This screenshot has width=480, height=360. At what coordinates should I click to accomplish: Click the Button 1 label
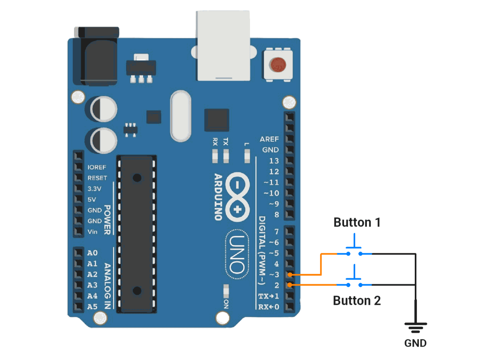click(357, 222)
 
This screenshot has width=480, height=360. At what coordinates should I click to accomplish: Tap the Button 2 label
click(357, 300)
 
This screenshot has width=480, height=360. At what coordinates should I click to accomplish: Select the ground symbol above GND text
click(416, 328)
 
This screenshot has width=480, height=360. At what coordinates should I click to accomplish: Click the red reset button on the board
click(278, 65)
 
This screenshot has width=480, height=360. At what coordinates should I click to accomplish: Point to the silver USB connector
click(223, 46)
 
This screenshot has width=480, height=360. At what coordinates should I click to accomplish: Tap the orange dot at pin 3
click(290, 275)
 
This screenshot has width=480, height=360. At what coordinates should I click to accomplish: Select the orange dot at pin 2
click(290, 285)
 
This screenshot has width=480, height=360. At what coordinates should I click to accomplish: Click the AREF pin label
click(269, 139)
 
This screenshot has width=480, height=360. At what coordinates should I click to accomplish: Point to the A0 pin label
click(92, 253)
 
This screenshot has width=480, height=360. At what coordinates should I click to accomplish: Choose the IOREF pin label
click(97, 167)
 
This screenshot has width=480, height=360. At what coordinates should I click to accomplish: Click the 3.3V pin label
click(94, 189)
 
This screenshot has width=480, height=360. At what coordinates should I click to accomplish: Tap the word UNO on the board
click(237, 255)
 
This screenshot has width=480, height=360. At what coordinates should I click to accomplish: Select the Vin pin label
click(92, 232)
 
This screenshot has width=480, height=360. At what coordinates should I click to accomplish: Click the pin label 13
click(274, 161)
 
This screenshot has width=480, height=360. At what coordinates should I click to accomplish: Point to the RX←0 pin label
click(269, 307)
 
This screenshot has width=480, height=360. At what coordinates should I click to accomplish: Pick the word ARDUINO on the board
click(218, 197)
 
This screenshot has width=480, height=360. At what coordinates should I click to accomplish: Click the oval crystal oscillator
click(181, 116)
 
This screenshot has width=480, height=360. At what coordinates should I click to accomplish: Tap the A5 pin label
click(92, 307)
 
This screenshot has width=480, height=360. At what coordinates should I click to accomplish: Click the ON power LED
click(226, 291)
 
